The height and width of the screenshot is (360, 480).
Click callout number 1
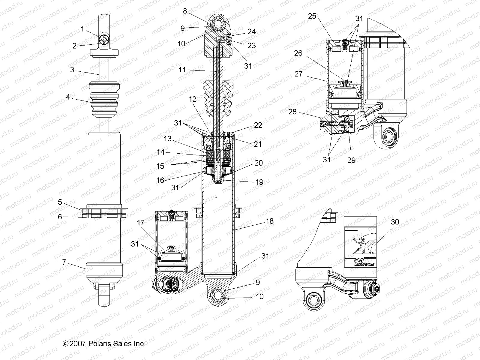82,29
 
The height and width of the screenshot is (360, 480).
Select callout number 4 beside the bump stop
68,97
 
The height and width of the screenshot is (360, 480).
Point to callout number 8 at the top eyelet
185,11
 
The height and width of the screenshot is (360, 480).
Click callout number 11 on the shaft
182,70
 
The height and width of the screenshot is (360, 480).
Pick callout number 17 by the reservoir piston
140,223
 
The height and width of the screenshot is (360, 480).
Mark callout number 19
259,182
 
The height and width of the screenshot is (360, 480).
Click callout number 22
258,125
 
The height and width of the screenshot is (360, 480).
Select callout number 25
312,16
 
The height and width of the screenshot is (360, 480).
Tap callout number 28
292,112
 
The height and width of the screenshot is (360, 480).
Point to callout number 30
395,222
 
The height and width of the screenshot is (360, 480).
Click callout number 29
351,160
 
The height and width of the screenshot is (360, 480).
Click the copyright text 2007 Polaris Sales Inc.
104,343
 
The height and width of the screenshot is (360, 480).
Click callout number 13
167,139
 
